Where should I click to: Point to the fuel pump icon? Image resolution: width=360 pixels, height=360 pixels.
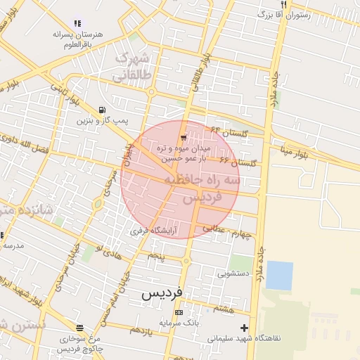coord(103,110)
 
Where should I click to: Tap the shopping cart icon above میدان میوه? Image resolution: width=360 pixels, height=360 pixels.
coord(183,138)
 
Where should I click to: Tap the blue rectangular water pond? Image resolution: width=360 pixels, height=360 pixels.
coord(279,275)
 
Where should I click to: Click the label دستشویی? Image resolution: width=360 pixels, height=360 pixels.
coord(233,273)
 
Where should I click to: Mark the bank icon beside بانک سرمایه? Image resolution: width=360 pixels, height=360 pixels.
coord(179,312)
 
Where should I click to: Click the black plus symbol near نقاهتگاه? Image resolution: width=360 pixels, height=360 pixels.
coord(244,327)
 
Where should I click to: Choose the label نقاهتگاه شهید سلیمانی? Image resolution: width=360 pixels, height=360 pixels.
coord(243,338)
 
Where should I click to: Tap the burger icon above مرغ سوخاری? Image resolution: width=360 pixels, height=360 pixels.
coord(79,327)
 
